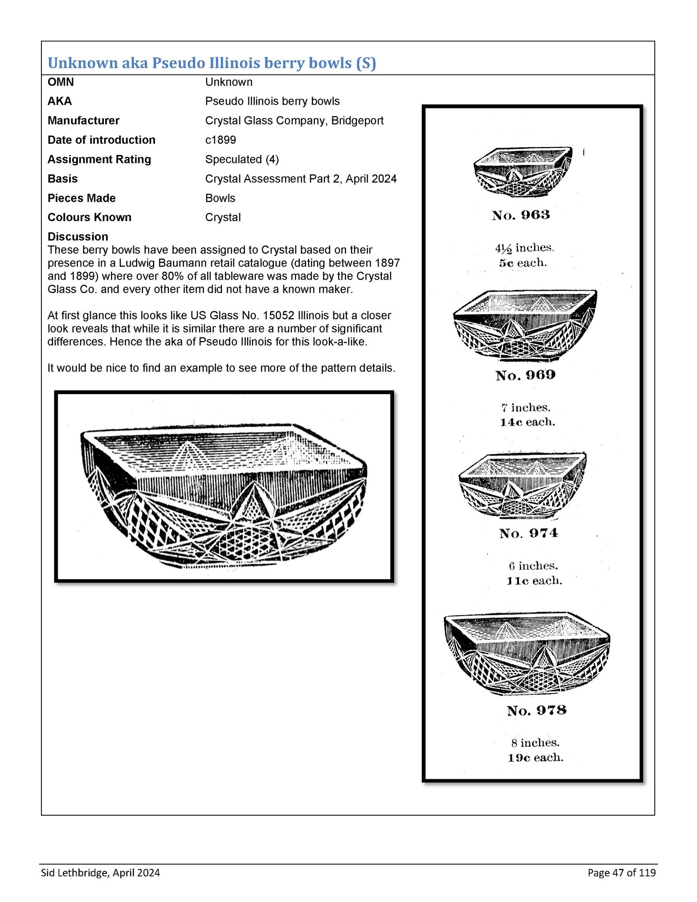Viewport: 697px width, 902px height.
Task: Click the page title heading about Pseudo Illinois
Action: coord(212,63)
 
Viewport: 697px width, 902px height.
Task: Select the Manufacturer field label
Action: coord(83,121)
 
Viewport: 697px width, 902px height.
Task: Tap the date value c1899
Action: coord(221,140)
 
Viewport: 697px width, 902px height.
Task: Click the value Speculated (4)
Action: coord(242,159)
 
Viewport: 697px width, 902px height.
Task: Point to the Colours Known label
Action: coord(89,218)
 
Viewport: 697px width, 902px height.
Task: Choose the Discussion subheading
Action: coord(77,237)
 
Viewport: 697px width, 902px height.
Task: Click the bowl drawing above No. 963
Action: coord(523,172)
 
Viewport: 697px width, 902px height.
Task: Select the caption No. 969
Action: coord(525,375)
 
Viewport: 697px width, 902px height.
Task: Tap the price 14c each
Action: coord(527,422)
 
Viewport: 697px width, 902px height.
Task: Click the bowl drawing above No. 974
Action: coord(523,484)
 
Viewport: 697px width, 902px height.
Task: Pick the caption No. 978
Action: coord(536,710)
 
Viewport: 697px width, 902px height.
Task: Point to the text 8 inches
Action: coord(535,743)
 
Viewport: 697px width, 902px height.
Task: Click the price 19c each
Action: coord(535,758)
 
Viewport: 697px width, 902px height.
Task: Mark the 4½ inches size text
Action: coord(524,248)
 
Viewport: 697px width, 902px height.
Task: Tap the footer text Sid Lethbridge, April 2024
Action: coord(100,873)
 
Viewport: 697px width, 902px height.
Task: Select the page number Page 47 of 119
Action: coord(621,873)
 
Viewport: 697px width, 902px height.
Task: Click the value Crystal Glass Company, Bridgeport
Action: coord(294,121)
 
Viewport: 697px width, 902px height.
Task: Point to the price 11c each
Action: coord(534,581)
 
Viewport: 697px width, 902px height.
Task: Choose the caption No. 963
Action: coord(521,215)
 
